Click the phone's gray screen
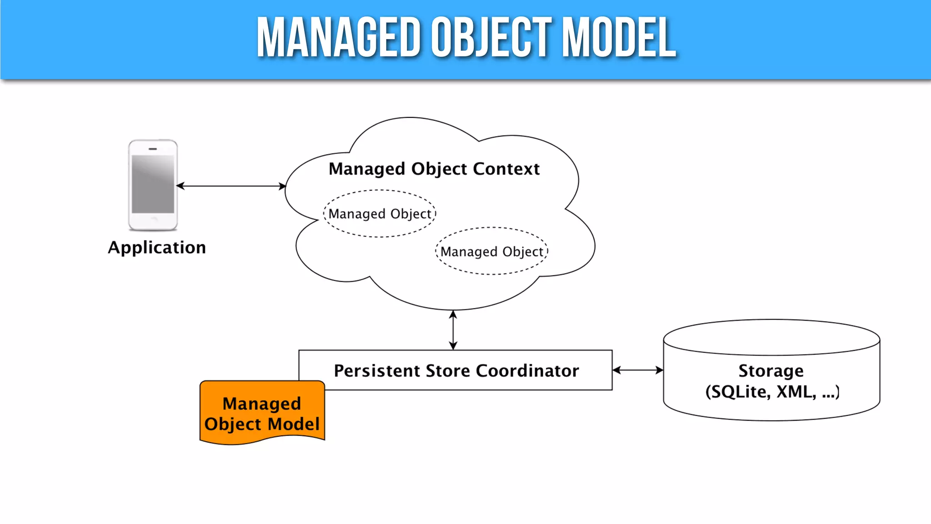coord(153,184)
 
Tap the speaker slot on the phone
coord(153,149)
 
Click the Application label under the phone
coord(157,247)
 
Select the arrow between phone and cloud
coord(231,186)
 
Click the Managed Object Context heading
coord(434,169)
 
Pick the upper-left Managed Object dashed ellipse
coord(380,214)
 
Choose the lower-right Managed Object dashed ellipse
coord(492,252)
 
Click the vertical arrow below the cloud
coord(453,330)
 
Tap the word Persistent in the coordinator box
coord(377,371)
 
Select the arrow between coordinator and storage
coord(637,370)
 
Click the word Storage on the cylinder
coord(771,371)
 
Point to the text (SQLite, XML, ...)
coord(772,392)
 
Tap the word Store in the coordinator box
coord(448,371)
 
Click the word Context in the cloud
coord(506,169)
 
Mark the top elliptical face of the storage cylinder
coord(771,337)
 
